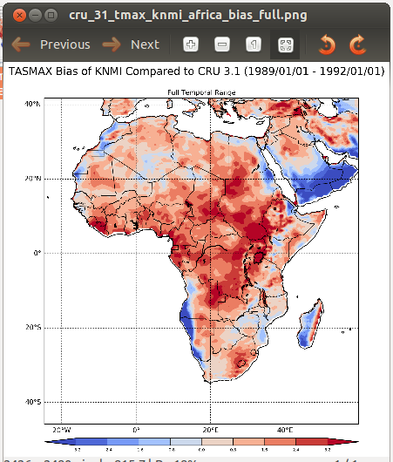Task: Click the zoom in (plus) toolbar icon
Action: tap(192, 44)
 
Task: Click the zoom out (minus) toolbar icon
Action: tap(222, 44)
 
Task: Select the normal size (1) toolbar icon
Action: tap(253, 44)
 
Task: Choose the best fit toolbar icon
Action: tap(284, 44)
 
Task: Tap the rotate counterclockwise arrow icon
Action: tap(327, 44)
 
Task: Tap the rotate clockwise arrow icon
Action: tap(357, 44)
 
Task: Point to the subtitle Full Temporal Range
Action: tap(201, 92)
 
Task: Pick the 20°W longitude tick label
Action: tap(62, 430)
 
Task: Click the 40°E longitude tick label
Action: tap(285, 430)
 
